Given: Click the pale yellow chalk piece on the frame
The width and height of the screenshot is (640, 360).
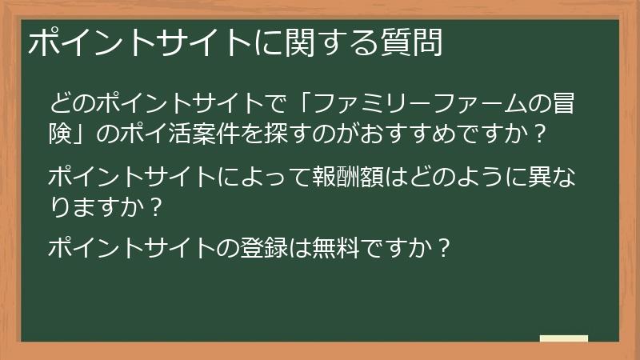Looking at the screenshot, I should click(564, 338).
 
